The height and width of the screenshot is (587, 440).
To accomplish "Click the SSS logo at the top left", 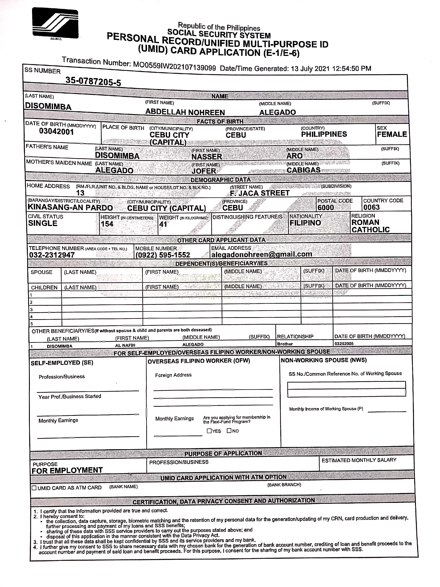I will point(55,23).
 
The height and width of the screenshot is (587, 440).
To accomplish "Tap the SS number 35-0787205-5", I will point(93,81).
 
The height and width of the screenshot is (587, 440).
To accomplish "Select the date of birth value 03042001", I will point(56,131).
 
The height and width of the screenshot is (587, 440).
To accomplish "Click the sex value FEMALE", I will point(392,134).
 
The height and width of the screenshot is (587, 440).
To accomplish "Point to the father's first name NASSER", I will point(207,157).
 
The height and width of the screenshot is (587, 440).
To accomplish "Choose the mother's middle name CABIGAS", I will point(303,170).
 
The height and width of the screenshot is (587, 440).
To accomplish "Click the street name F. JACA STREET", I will point(260,193).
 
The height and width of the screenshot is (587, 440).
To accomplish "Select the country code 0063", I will point(371,207).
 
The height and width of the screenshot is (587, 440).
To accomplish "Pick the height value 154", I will point(107,224).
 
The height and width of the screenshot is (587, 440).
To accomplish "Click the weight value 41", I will point(163,224).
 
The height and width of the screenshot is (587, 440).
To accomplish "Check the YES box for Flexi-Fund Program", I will point(209,431).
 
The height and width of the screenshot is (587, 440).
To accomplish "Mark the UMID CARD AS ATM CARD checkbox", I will point(34,488).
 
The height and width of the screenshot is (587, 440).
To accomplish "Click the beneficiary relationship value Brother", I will point(285,344).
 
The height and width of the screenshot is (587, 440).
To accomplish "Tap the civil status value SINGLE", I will point(43,223).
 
